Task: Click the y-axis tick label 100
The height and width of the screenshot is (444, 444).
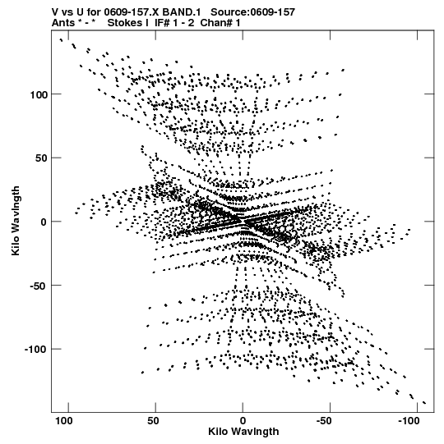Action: pyautogui.click(x=39, y=94)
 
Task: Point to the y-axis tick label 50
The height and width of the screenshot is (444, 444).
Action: pyautogui.click(x=41, y=158)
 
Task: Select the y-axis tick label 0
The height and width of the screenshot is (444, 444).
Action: pyautogui.click(x=44, y=222)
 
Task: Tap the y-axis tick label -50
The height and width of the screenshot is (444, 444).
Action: pyautogui.click(x=38, y=286)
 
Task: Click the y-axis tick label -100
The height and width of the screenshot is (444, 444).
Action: pyautogui.click(x=35, y=350)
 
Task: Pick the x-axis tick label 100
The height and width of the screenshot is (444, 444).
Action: pyautogui.click(x=64, y=421)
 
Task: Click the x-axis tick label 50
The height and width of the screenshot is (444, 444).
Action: pyautogui.click(x=153, y=421)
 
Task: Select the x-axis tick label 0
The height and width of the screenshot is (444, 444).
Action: pyautogui.click(x=243, y=421)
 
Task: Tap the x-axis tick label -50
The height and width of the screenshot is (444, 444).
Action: pyautogui.click(x=324, y=421)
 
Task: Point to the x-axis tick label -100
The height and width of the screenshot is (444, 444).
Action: pyautogui.click(x=409, y=421)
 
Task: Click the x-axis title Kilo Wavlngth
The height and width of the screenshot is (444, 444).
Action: pyautogui.click(x=243, y=432)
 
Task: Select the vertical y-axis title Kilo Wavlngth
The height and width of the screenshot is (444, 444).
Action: pyautogui.click(x=16, y=221)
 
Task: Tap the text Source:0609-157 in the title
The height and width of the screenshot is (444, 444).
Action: pyautogui.click(x=252, y=12)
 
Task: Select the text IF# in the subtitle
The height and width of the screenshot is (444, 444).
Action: pyautogui.click(x=162, y=23)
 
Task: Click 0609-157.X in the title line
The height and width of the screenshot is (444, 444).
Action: pyautogui.click(x=132, y=12)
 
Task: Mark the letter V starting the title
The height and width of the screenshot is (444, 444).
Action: pyautogui.click(x=55, y=12)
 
